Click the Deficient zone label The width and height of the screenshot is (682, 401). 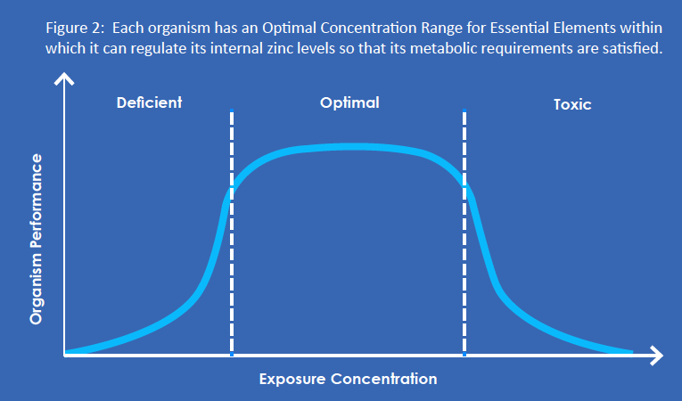pos(149,102)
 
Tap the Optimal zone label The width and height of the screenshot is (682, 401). pos(349,103)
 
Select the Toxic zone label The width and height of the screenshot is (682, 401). pos(572,104)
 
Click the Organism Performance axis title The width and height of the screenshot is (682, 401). pos(36,239)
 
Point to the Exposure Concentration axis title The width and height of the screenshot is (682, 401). pos(348,379)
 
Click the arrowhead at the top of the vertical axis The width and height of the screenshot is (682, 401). pos(64,78)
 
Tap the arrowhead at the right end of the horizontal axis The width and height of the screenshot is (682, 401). pos(657,356)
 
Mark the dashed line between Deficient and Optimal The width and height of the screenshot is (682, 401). pos(232,233)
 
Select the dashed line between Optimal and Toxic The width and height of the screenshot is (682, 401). pos(464,233)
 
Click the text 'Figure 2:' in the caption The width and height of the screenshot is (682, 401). pos(75,29)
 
